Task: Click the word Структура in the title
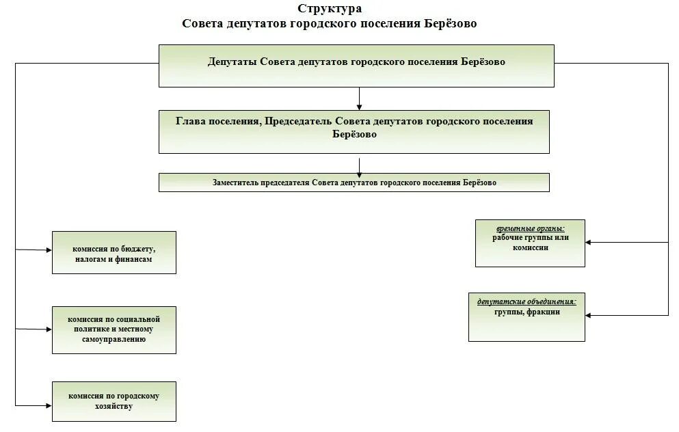pyautogui.click(x=330, y=9)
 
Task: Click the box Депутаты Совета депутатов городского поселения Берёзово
pyautogui.click(x=356, y=66)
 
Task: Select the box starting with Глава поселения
pyautogui.click(x=354, y=131)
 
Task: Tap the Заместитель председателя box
pyautogui.click(x=354, y=183)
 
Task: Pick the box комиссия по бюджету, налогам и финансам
pyautogui.click(x=114, y=252)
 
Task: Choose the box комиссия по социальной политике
pyautogui.click(x=114, y=330)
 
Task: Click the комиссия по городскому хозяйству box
pyautogui.click(x=114, y=401)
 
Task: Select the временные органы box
pyautogui.click(x=530, y=243)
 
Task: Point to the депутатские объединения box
pyautogui.click(x=527, y=316)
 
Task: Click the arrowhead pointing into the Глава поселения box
pyautogui.click(x=358, y=107)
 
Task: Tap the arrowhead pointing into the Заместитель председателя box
pyautogui.click(x=359, y=175)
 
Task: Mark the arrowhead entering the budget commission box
pyautogui.click(x=49, y=251)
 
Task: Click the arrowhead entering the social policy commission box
pyautogui.click(x=49, y=329)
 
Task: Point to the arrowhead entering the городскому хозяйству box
pyautogui.click(x=49, y=406)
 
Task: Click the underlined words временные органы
pyautogui.click(x=531, y=228)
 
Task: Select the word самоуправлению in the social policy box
pyautogui.click(x=114, y=339)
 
